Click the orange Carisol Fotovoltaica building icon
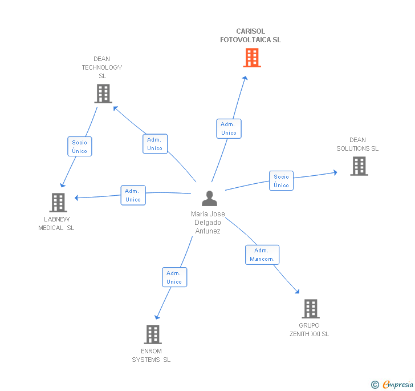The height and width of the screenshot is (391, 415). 252,58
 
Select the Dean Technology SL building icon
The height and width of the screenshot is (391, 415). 103,94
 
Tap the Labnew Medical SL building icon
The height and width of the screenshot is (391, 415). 58,203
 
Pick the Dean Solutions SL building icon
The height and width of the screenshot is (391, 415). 359,166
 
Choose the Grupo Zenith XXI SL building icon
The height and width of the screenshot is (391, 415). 311,309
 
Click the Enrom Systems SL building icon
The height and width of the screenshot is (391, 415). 153,334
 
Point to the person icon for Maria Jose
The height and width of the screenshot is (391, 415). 209,198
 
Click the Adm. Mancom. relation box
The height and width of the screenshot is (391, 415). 262,255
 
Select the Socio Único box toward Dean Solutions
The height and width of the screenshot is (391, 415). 282,181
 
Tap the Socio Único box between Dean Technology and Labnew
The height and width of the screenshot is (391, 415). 80,147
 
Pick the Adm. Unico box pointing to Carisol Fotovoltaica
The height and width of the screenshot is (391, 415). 229,128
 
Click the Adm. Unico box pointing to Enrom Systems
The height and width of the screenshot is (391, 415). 174,277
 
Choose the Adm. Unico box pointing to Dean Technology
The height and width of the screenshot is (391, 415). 155,144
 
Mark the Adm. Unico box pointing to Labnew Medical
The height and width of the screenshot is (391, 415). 133,195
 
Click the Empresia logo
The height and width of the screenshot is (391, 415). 398,384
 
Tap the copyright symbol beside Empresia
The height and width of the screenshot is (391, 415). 375,384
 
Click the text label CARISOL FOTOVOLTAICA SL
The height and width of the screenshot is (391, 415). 250,35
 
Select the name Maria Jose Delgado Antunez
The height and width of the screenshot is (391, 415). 207,223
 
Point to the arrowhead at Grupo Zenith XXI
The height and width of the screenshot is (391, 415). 298,291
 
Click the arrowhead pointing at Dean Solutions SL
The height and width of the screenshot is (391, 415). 335,172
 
